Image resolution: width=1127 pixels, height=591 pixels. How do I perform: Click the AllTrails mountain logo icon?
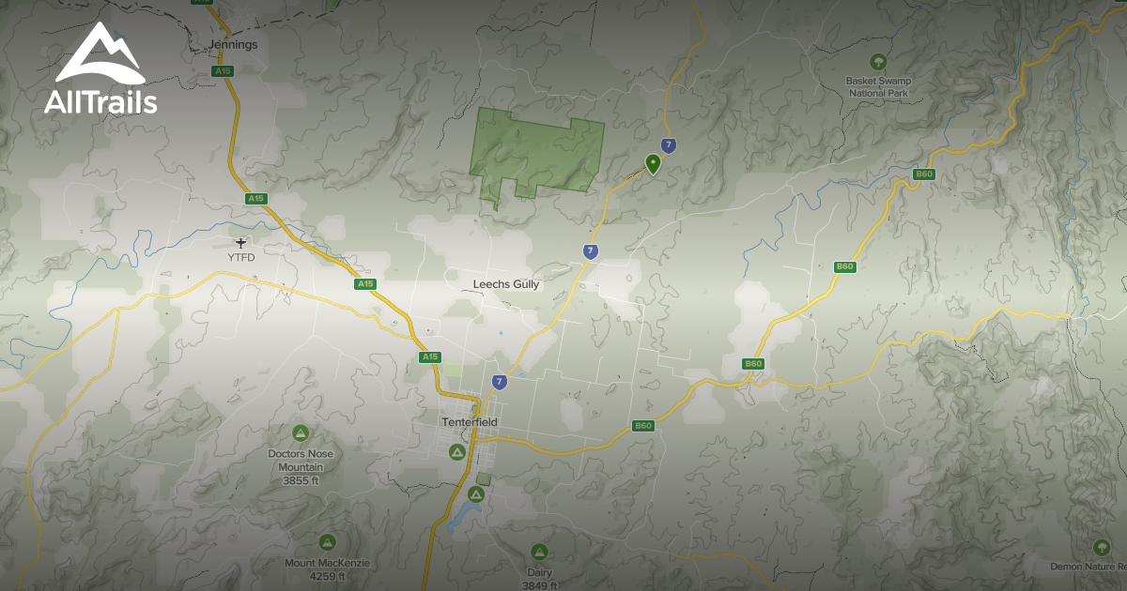coord(100,54)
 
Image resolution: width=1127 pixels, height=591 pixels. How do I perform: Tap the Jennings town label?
coord(234,44)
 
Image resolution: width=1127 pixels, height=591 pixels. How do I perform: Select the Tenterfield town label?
coord(469,422)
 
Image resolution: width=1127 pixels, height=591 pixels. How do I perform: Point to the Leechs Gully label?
coord(506,284)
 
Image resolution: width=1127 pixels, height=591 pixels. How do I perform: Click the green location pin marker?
coord(653,164)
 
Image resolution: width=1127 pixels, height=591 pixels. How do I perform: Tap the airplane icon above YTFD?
coord(241,243)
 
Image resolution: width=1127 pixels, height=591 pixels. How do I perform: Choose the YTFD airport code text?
coord(241,257)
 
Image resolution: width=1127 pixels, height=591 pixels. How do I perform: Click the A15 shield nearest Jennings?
coord(223,71)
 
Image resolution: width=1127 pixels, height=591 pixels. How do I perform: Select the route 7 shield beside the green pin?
coord(668,145)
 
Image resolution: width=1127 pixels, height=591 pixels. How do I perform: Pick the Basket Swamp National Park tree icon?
coord(878,62)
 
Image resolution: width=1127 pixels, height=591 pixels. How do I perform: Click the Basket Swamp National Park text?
coord(878,87)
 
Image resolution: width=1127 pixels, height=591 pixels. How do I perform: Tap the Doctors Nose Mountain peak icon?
coord(301,433)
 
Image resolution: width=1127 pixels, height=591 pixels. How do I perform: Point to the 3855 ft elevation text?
coord(301,480)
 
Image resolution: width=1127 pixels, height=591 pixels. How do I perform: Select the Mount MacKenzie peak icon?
coord(327,542)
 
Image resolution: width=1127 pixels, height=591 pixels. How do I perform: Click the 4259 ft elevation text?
coord(327,577)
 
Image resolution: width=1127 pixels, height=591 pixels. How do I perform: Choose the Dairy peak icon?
coord(539,552)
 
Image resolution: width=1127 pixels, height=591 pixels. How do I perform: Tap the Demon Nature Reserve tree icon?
coord(1103,547)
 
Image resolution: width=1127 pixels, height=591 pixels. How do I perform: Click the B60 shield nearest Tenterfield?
coord(642,426)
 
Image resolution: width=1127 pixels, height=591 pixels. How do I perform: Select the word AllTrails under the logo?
coord(100,101)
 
